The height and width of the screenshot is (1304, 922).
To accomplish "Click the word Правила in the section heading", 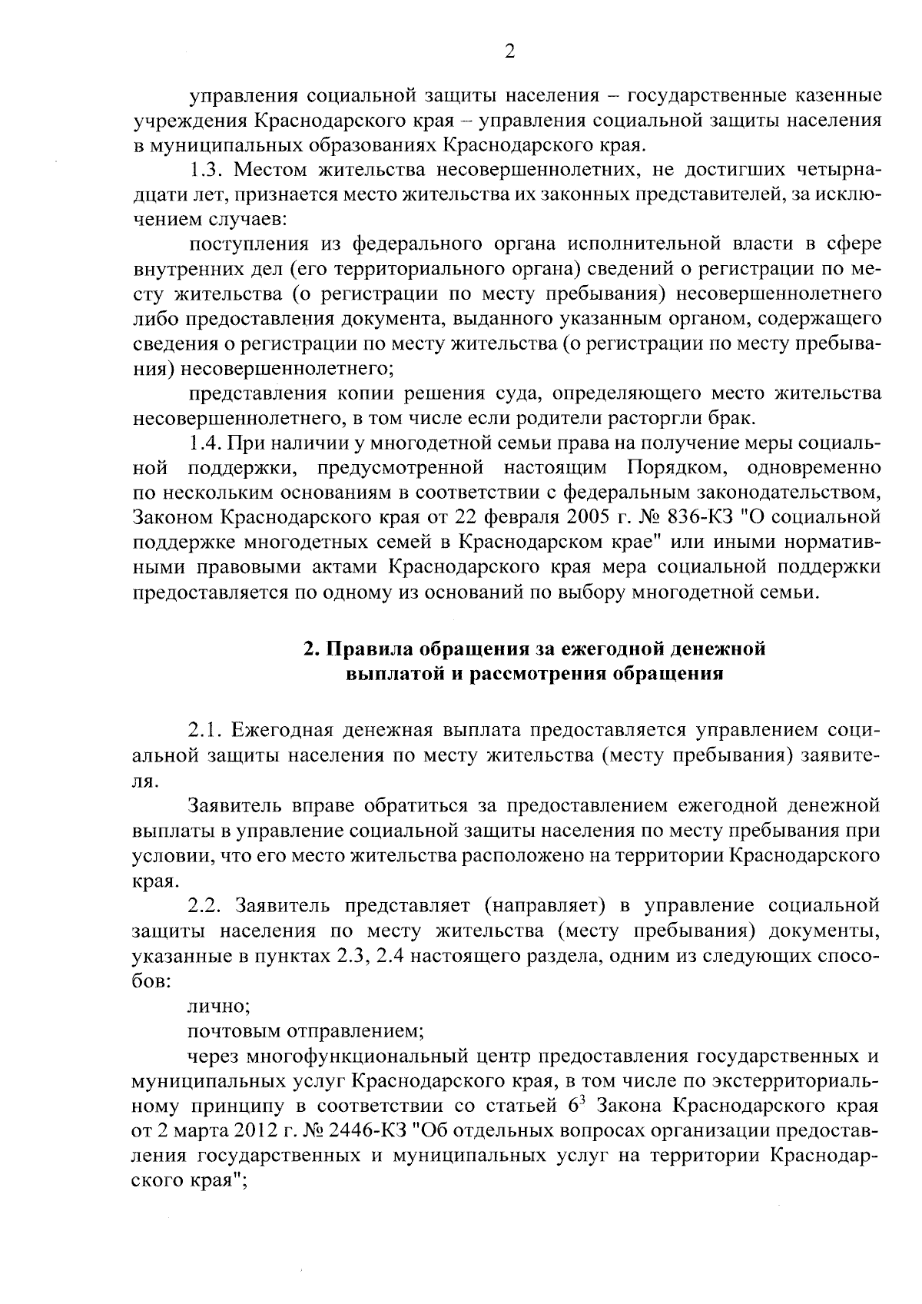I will pos(370,649).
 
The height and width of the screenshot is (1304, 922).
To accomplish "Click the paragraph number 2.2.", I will pos(206,906).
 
